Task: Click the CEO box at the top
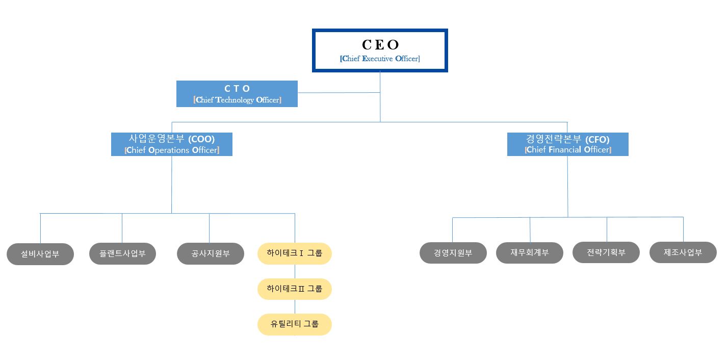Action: click(x=380, y=50)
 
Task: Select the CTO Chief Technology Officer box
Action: click(x=237, y=94)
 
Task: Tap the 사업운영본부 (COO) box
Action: click(x=171, y=144)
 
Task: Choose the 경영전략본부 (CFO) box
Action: click(x=567, y=144)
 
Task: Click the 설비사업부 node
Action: click(x=40, y=254)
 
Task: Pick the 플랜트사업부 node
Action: click(x=122, y=253)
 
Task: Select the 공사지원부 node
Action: click(x=211, y=253)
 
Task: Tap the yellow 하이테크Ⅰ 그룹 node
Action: click(x=294, y=253)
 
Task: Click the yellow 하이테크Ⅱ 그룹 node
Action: click(x=294, y=289)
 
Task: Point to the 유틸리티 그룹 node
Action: click(x=294, y=324)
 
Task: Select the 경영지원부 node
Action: click(x=453, y=252)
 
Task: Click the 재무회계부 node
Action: click(x=529, y=252)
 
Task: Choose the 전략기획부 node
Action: click(x=606, y=252)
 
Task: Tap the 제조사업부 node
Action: click(x=683, y=252)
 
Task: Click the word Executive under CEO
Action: click(x=377, y=59)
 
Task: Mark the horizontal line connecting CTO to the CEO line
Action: click(x=339, y=92)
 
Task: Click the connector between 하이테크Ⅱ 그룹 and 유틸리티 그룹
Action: click(x=295, y=306)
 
